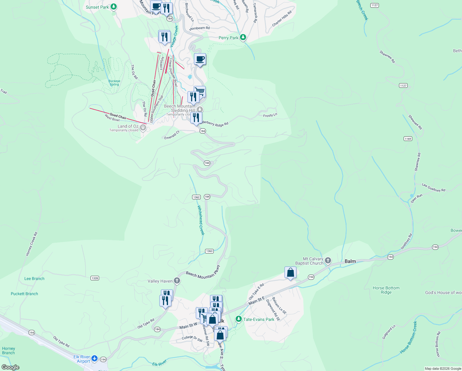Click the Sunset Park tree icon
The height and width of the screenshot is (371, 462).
[114, 6]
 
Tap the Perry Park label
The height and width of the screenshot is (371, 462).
[228, 38]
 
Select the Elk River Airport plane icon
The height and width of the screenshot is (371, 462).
[94, 358]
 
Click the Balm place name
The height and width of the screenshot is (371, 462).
[350, 261]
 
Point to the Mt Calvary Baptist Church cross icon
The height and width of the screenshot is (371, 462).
[328, 261]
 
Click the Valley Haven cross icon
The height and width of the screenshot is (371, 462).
[177, 280]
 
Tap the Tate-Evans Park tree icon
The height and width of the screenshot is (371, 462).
[238, 319]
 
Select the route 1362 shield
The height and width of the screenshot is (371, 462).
[196, 197]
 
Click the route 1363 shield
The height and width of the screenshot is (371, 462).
[209, 251]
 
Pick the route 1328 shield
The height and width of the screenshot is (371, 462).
[95, 278]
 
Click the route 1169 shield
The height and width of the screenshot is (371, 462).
[408, 139]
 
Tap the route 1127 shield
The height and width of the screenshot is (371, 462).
[375, 5]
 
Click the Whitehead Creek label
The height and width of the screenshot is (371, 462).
[201, 220]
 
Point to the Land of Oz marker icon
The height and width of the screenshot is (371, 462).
[143, 127]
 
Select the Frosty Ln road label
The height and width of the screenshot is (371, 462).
[270, 115]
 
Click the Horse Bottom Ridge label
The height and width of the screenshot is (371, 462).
[386, 290]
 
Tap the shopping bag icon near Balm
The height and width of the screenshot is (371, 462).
[290, 272]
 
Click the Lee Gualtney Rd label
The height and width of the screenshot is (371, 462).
[434, 187]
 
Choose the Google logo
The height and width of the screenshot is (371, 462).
[10, 367]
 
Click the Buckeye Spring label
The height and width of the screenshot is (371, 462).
[114, 83]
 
